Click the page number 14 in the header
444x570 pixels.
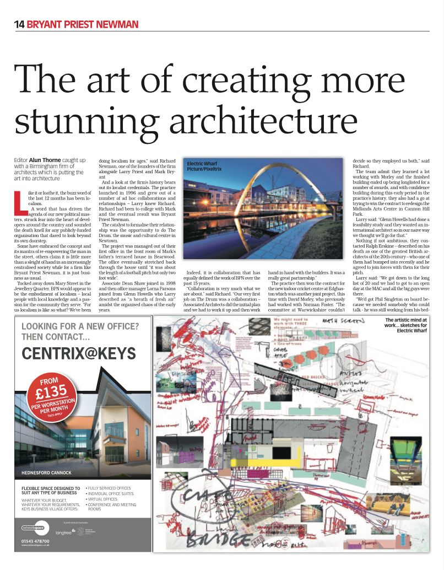coord(19,24)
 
